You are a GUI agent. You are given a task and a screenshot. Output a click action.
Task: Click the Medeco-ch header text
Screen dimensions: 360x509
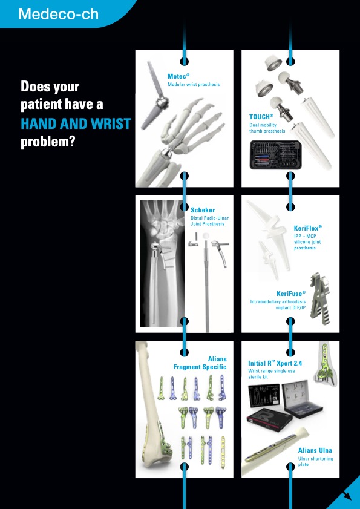59,14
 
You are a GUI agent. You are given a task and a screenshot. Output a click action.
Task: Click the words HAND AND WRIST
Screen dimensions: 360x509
76,123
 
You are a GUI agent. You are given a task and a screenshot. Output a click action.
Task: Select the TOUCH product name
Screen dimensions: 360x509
261,117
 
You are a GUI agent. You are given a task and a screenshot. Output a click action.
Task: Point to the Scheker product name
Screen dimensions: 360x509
203,210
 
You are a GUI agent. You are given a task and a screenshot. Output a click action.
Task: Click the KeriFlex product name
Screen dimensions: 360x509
308,228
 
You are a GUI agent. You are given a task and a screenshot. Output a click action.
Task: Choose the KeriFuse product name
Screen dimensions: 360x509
291,294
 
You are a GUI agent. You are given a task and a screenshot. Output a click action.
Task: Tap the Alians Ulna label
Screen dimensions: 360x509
315,450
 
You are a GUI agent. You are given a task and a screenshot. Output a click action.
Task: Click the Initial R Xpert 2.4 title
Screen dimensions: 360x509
275,363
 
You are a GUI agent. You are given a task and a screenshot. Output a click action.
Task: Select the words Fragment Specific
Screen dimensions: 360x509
200,367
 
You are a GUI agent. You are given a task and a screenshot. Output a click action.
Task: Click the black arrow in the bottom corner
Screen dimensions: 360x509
347,495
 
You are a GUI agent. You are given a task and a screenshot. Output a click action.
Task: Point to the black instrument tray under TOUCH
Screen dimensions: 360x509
275,155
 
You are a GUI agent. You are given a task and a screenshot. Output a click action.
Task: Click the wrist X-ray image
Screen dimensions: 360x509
162,264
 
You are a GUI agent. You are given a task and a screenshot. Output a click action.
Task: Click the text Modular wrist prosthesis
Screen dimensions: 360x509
194,84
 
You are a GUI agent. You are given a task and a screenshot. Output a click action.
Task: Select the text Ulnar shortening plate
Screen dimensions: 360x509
315,462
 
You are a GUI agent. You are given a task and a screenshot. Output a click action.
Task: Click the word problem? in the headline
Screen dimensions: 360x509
48,142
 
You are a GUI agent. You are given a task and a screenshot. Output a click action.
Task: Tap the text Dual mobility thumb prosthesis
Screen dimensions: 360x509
267,128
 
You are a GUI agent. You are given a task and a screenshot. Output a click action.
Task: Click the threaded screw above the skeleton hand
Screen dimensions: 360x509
154,95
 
